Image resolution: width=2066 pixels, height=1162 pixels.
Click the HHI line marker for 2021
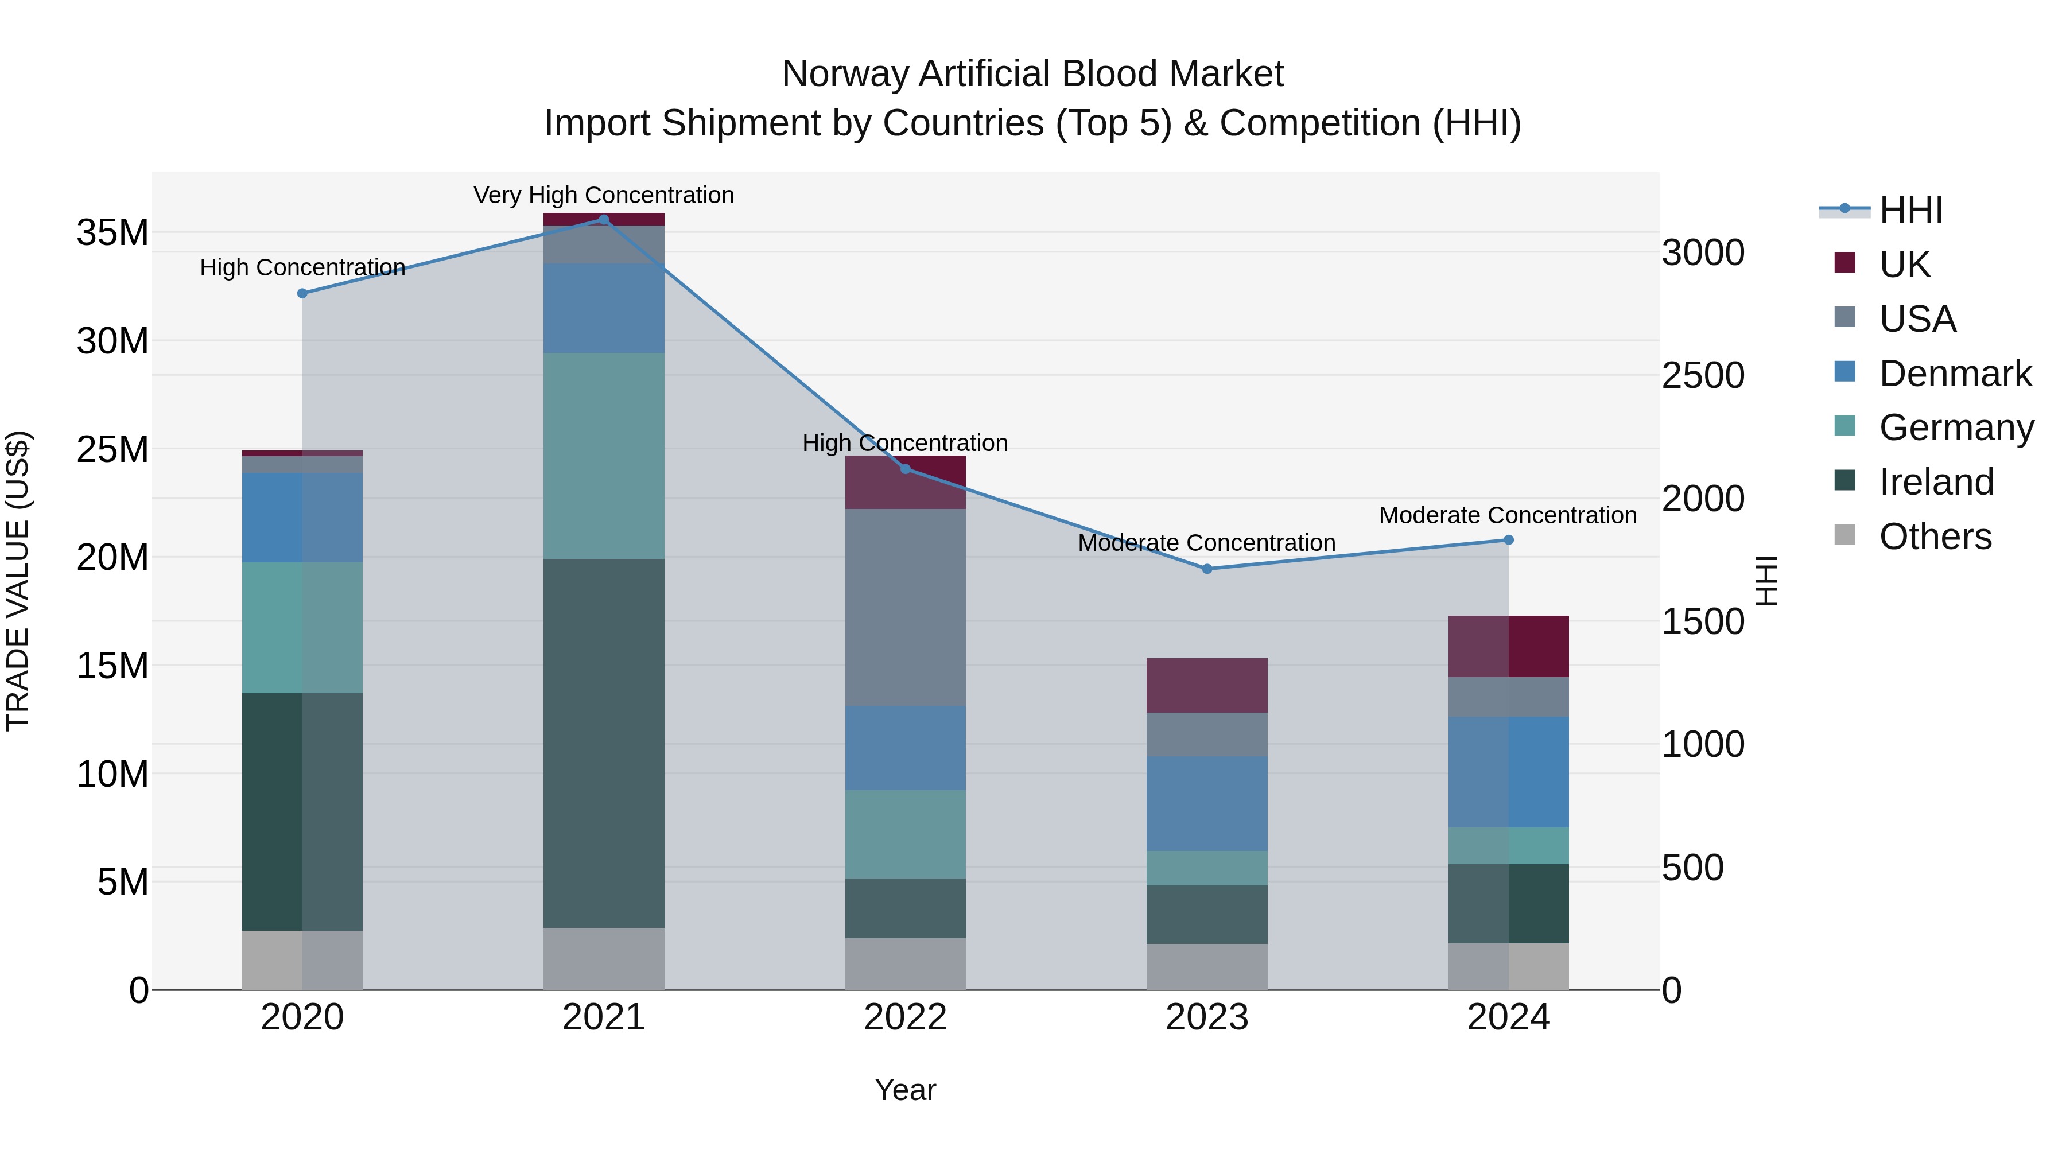pos(604,219)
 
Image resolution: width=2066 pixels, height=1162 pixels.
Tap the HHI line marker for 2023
pos(1207,569)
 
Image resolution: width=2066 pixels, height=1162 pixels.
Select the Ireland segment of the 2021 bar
pos(604,743)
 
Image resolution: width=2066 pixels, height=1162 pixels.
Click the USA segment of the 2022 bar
pos(906,607)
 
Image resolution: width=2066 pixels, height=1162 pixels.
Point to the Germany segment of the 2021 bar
pos(604,456)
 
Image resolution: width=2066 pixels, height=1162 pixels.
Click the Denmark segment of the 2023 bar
pos(1207,803)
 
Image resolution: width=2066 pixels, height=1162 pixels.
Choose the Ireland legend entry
pos(1935,482)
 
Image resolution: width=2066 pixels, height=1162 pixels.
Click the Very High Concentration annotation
pos(604,195)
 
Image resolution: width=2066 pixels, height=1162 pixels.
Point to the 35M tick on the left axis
pos(112,232)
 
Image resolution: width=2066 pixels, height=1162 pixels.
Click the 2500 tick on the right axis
pos(1703,375)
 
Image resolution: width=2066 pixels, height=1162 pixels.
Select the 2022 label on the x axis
pos(906,1017)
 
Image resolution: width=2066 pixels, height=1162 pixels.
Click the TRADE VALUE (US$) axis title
pos(18,581)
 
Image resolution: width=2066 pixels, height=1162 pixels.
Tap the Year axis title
pos(906,1090)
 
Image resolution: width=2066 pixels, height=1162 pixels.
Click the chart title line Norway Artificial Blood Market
pos(1032,74)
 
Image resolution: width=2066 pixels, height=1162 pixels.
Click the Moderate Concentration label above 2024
pos(1508,515)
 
